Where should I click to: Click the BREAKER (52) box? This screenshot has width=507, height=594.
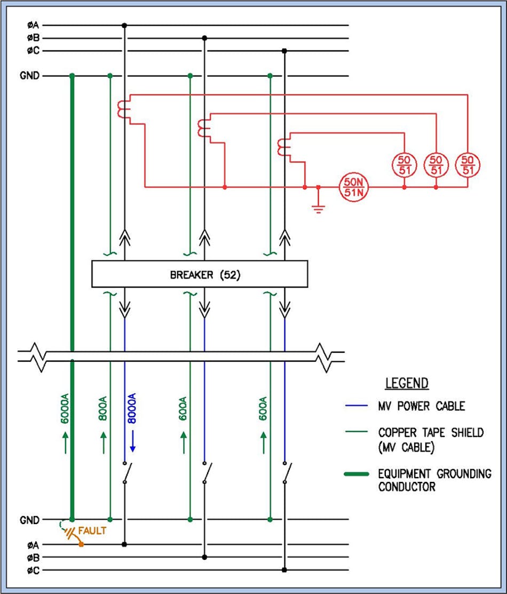[200, 275]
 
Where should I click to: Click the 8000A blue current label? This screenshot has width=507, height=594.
[132, 409]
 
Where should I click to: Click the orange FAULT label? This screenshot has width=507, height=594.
[92, 531]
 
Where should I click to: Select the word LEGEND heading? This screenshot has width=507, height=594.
[407, 383]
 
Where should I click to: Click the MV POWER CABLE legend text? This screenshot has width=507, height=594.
[422, 406]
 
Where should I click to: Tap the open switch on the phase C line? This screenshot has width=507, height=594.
[287, 472]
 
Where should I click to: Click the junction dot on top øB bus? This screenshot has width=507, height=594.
[204, 38]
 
